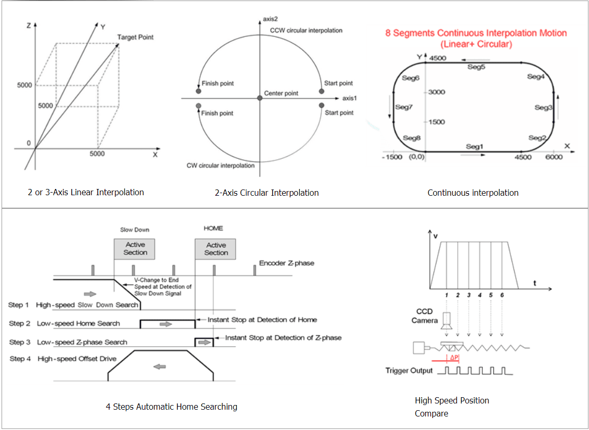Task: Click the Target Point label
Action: (x=135, y=37)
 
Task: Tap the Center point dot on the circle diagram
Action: (x=260, y=98)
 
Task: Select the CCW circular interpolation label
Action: (x=306, y=30)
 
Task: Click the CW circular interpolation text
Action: (x=221, y=166)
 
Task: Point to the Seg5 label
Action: (x=476, y=67)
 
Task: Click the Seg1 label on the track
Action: (x=475, y=146)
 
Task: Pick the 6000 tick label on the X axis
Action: (x=554, y=157)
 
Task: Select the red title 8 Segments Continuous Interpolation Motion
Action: (x=476, y=33)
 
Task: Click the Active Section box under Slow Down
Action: (x=134, y=248)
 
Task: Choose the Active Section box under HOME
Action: (x=215, y=249)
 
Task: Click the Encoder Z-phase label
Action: (x=287, y=263)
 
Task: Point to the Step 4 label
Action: (x=20, y=359)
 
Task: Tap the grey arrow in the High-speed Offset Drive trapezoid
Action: (x=160, y=366)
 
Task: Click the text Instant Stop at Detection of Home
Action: (x=262, y=320)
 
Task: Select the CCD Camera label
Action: (x=425, y=316)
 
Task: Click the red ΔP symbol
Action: (x=454, y=358)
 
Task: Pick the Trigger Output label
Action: (x=409, y=371)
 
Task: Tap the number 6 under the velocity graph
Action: (x=502, y=295)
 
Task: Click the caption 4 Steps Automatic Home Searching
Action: (x=171, y=407)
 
